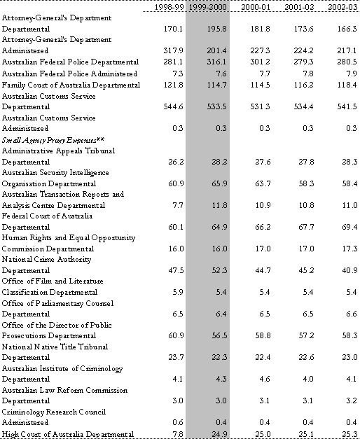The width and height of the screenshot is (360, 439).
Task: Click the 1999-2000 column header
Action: click(207, 7)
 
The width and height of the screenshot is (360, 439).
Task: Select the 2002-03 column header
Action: click(343, 7)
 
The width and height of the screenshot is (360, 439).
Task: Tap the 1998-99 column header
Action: click(169, 7)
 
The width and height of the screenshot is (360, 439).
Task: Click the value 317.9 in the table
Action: click(174, 50)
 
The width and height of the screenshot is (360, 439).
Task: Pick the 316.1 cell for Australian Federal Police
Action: click(217, 62)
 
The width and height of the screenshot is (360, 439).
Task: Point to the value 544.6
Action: click(174, 106)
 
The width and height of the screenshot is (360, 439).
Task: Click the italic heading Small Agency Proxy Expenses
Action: click(53, 140)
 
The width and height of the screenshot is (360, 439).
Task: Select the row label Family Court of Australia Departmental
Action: click(71, 85)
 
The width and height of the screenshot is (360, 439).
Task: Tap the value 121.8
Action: click(174, 85)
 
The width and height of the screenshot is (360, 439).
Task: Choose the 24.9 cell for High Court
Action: click(219, 434)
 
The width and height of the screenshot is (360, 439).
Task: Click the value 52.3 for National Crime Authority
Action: click(219, 270)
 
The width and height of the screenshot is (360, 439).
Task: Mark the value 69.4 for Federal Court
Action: click(349, 227)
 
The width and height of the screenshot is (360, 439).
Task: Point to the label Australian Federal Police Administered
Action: click(69, 74)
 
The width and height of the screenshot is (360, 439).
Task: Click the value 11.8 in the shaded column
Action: click(219, 205)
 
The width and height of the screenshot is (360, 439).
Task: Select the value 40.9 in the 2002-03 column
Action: click(349, 270)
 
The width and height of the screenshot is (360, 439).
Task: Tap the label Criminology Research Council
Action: click(54, 412)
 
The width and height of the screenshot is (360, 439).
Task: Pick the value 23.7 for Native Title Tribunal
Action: click(176, 357)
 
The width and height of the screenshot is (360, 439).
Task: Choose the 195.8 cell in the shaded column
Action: click(217, 29)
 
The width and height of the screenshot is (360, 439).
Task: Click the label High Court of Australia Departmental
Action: click(68, 434)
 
